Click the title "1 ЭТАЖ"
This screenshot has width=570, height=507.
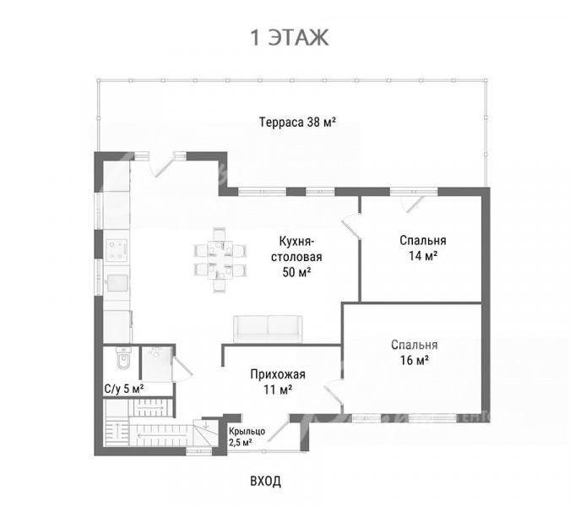coord(290,37)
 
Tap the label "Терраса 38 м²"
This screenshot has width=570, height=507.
coord(297,122)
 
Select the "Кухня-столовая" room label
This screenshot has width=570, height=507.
coord(296,248)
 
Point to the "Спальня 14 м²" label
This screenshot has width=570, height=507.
coord(423,248)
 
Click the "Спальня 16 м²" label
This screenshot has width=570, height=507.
coord(415,352)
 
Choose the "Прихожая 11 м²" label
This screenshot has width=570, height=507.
coord(278,382)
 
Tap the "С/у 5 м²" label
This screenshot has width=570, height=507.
coord(124,389)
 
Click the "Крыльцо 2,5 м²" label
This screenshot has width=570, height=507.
coord(247,437)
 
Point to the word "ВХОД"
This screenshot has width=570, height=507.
coord(266,481)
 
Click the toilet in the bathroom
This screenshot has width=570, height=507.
coord(123,358)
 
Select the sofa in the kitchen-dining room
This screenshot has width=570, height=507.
coord(268,329)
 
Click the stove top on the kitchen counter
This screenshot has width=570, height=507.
coord(117,250)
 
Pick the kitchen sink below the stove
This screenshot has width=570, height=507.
coord(117,283)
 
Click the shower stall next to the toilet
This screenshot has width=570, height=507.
coord(156,364)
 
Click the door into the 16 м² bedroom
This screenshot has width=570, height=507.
coord(334,392)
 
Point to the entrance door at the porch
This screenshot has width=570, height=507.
coord(278,428)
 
